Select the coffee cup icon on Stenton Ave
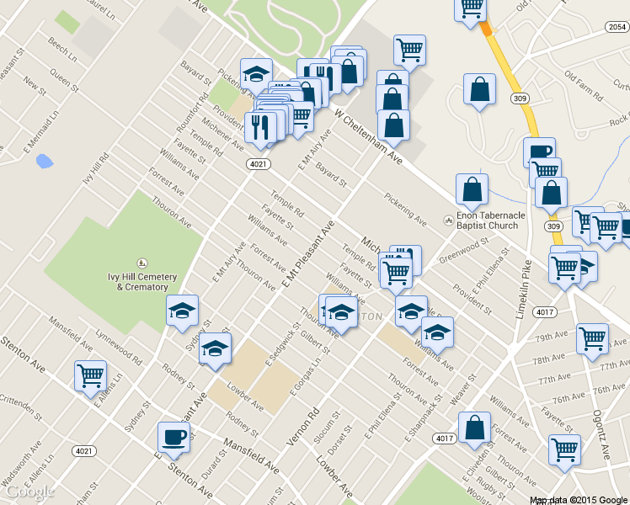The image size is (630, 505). [174, 437]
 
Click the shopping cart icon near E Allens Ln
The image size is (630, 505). [90, 375]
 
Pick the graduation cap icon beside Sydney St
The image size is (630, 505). [183, 310]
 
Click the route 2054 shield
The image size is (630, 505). [616, 28]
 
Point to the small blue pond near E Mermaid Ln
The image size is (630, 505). [45, 160]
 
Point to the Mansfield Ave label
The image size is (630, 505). [251, 455]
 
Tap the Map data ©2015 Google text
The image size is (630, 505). [577, 500]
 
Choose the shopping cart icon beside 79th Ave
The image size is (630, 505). [592, 338]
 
